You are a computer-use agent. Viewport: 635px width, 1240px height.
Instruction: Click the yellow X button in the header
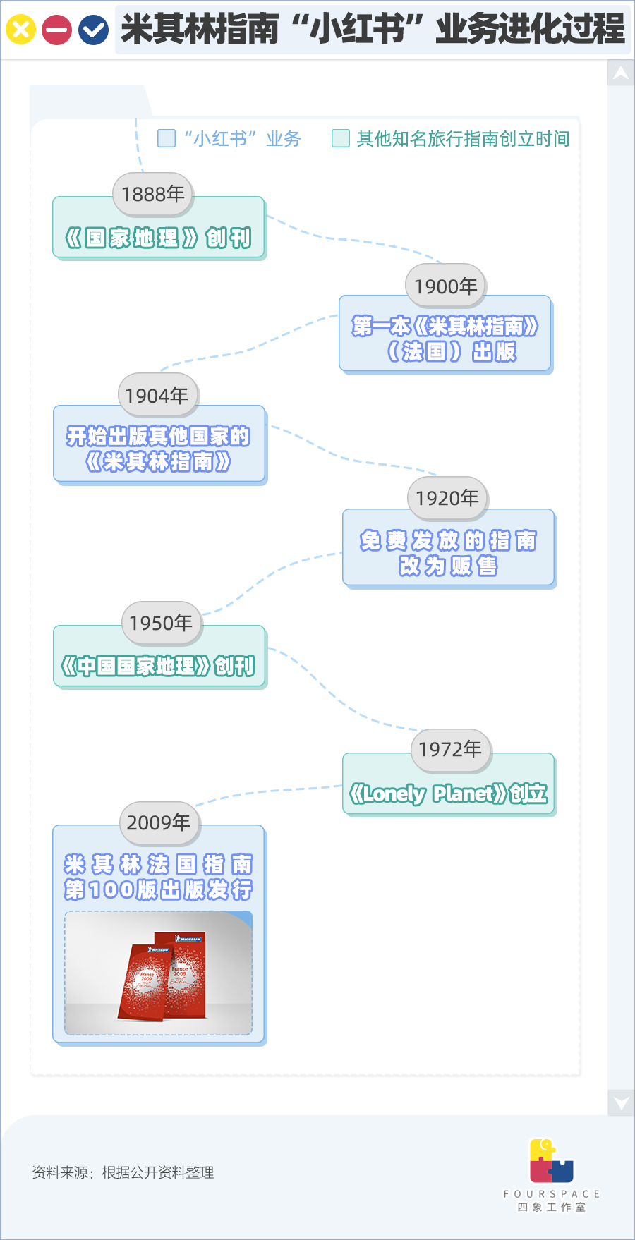(20, 30)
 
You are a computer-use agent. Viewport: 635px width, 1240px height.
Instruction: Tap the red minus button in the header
(56, 30)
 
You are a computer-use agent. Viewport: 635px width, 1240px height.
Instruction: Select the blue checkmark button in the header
(93, 30)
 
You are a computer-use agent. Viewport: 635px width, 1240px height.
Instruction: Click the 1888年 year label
(153, 194)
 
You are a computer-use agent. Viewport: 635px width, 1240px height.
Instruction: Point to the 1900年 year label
(446, 286)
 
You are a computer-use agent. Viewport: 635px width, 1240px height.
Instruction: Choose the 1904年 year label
(157, 396)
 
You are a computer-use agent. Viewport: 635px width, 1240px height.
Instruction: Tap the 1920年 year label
(447, 498)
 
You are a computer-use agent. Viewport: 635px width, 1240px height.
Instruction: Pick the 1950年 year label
(161, 623)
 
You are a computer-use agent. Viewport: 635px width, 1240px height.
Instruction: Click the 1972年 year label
(450, 749)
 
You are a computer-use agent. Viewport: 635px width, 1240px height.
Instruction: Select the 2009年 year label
(159, 822)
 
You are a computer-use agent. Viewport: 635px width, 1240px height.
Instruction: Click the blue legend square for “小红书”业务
(167, 138)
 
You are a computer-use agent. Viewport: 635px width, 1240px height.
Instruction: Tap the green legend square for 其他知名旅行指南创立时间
(341, 138)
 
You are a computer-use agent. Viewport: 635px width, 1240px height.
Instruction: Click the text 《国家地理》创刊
(158, 238)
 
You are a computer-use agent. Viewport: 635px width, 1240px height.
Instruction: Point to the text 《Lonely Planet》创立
(449, 794)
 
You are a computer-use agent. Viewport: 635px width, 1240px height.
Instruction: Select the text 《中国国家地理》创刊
(158, 666)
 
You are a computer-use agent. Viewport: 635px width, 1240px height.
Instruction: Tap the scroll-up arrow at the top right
(621, 73)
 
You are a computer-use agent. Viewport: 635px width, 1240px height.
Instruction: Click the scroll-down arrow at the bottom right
(621, 1102)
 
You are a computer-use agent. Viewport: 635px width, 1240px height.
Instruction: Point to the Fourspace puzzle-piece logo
(552, 1160)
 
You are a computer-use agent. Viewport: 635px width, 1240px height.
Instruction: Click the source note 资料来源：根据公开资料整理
(123, 1172)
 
